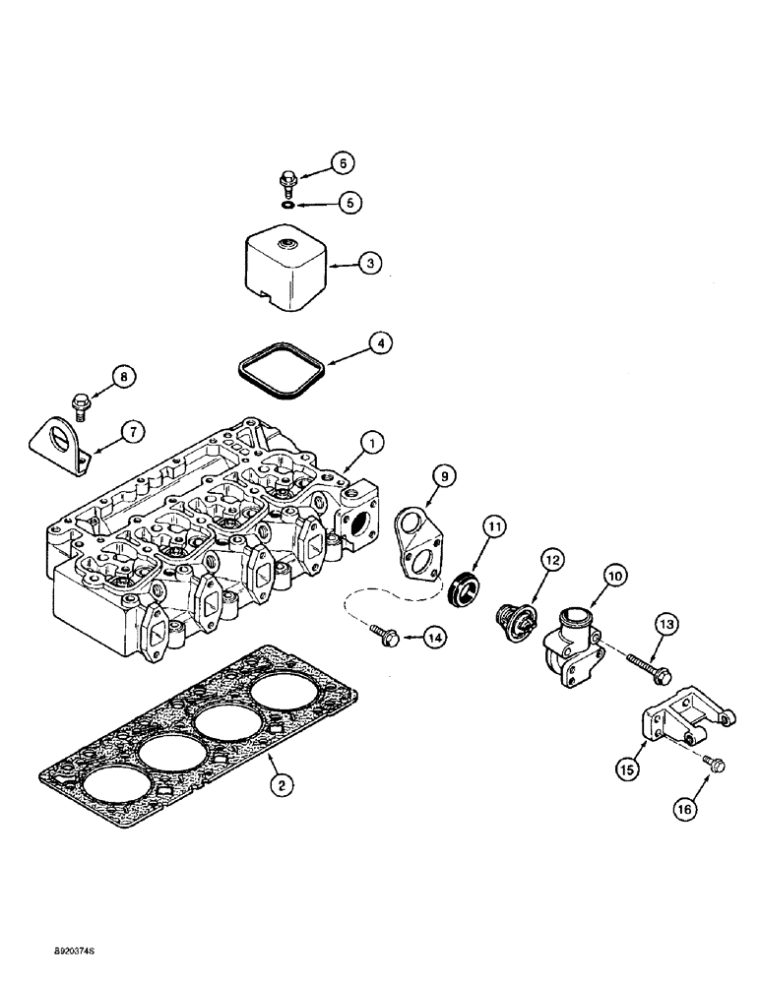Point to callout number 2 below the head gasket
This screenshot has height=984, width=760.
(x=282, y=785)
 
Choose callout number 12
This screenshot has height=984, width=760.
(x=549, y=559)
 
